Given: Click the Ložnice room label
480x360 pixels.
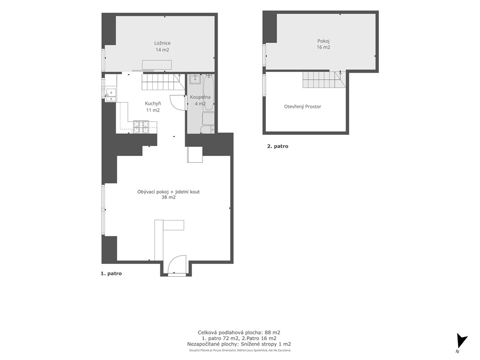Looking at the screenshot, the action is pyautogui.click(x=162, y=43).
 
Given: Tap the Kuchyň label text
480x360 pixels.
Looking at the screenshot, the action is pyautogui.click(x=153, y=104).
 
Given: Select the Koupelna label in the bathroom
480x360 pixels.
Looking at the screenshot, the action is pyautogui.click(x=200, y=97).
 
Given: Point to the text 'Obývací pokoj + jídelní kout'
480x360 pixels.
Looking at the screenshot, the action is pyautogui.click(x=168, y=192).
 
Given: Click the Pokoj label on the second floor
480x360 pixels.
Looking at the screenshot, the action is pyautogui.click(x=323, y=41).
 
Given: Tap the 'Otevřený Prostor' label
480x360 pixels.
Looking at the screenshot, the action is pyautogui.click(x=302, y=106).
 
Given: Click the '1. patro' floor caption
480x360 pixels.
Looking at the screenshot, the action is pyautogui.click(x=111, y=273).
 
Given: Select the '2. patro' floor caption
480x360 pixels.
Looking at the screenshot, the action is pyautogui.click(x=277, y=146).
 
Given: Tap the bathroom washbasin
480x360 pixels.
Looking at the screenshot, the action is pyautogui.click(x=195, y=79).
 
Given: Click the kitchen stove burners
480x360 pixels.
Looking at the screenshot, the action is pyautogui.click(x=141, y=127).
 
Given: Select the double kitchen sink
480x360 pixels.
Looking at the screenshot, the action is pyautogui.click(x=111, y=95).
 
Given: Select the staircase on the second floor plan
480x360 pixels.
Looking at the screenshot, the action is pyautogui.click(x=324, y=79).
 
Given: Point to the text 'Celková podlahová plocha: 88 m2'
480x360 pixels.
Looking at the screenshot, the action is pyautogui.click(x=239, y=332).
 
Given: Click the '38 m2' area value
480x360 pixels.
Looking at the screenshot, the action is pyautogui.click(x=168, y=197).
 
